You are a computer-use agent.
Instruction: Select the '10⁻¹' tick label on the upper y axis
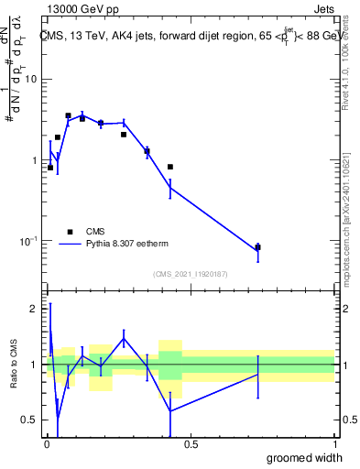[29, 241]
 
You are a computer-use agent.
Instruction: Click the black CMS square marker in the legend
[70, 232]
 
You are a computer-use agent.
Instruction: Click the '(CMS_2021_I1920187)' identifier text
[191, 274]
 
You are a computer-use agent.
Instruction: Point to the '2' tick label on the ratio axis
[35, 310]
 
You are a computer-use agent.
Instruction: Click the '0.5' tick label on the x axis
[191, 443]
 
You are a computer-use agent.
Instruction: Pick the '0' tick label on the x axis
[47, 443]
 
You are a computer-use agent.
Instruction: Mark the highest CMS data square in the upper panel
[68, 116]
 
